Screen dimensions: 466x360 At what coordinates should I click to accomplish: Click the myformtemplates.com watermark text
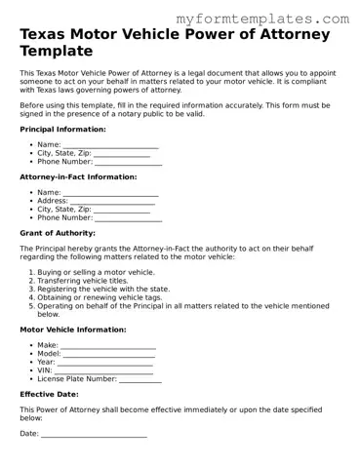(x=263, y=19)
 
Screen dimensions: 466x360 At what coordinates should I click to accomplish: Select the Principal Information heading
(x=62, y=129)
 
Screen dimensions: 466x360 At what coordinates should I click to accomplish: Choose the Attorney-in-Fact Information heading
(x=78, y=176)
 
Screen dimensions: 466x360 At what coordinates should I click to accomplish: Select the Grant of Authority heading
(x=58, y=233)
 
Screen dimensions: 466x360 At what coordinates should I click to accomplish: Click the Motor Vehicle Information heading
(x=74, y=330)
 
